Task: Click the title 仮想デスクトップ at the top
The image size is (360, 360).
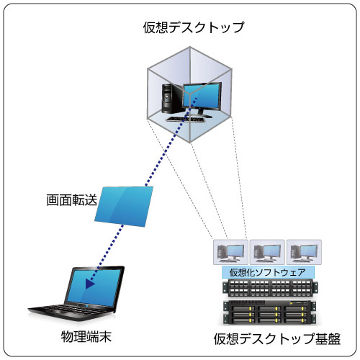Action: (x=194, y=27)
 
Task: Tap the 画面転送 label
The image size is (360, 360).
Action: (x=72, y=200)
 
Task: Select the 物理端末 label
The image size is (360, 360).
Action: (x=86, y=337)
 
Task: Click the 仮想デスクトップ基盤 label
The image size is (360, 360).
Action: (x=277, y=339)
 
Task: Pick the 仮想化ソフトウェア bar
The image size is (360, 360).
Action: (x=268, y=272)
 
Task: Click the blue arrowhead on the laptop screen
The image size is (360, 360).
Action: (x=90, y=284)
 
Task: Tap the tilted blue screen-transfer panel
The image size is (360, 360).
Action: (x=124, y=207)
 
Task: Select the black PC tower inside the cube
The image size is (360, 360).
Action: (x=171, y=99)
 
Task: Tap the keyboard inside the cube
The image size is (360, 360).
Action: (x=186, y=119)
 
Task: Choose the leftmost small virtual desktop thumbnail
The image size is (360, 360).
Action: (x=230, y=252)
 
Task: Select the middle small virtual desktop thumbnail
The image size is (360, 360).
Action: (x=267, y=252)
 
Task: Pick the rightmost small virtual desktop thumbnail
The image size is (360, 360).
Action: (x=305, y=252)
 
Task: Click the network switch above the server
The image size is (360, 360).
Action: (x=270, y=287)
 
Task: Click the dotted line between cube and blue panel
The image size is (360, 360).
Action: (x=171, y=142)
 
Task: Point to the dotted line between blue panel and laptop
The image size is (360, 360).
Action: (x=106, y=254)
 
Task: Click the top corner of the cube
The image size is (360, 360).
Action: (x=190, y=47)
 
